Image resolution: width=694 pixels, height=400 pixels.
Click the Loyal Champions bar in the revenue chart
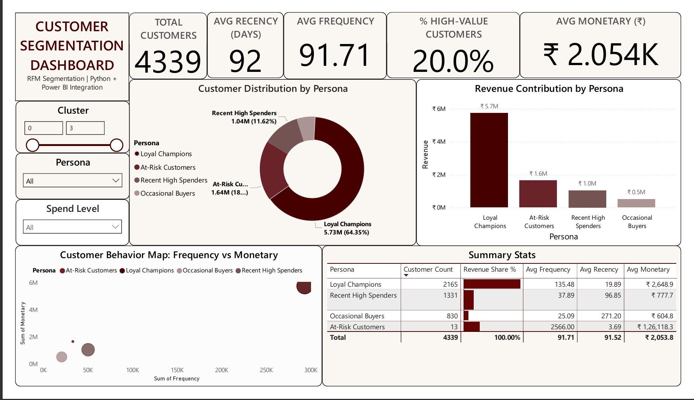[489, 160]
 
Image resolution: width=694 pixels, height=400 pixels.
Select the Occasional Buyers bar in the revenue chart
[636, 203]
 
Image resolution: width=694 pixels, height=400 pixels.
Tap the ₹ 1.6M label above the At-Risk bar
[538, 173]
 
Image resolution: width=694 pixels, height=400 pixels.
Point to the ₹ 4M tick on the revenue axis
[439, 141]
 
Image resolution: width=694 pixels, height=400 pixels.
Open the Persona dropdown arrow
[116, 181]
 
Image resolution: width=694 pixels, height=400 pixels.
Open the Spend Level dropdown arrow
[116, 227]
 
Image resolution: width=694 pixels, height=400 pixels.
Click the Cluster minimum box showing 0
[44, 128]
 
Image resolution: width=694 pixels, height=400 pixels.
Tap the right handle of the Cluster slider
[117, 145]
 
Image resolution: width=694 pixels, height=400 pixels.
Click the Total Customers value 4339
[168, 61]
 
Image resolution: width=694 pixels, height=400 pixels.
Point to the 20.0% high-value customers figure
[453, 61]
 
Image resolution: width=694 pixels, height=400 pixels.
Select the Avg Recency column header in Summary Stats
[599, 269]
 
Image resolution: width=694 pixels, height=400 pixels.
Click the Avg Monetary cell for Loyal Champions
[659, 284]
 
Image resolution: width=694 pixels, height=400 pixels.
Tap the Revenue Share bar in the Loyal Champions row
[492, 284]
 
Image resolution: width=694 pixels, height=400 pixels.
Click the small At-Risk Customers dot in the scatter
[73, 341]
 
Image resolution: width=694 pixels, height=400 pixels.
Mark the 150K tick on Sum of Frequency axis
[177, 370]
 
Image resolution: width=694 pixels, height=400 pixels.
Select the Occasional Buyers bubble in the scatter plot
[62, 356]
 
